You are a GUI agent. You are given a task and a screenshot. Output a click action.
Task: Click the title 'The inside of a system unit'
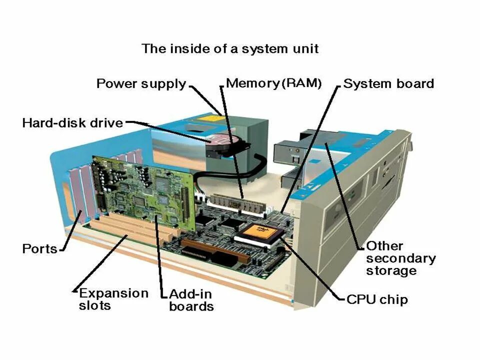click(230, 49)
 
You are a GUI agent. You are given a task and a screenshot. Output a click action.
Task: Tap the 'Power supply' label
click(140, 83)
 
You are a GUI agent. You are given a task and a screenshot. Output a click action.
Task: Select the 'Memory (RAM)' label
click(273, 83)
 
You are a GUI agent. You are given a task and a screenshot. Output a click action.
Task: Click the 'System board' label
click(388, 83)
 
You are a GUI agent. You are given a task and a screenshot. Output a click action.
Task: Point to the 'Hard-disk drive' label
click(72, 122)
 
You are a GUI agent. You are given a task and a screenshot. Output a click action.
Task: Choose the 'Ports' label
click(39, 248)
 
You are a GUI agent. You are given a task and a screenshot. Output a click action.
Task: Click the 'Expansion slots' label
click(113, 299)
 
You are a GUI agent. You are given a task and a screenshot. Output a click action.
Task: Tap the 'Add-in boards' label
click(191, 300)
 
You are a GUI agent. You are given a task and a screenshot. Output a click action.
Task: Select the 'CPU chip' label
click(377, 299)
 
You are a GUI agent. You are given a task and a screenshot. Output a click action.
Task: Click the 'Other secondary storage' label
click(400, 258)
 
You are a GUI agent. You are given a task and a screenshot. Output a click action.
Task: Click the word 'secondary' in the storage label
click(400, 258)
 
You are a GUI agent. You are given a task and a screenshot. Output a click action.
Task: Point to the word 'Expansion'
click(113, 293)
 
